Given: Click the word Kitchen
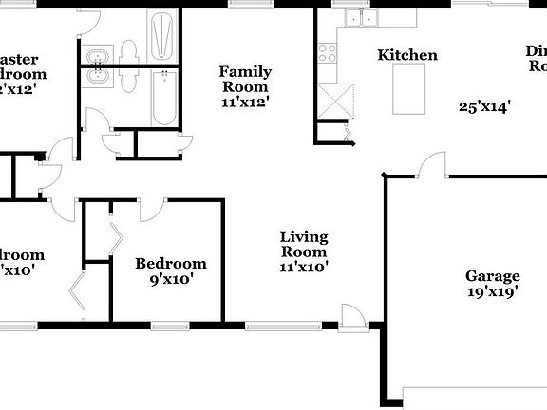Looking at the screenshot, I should point(407,55).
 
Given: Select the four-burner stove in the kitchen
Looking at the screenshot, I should point(328,53).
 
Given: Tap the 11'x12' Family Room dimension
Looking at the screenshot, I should point(245,102).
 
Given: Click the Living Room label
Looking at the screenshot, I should point(304,244).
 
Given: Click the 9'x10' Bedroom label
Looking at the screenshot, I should point(170,263).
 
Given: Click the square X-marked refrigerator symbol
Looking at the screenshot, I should point(337,99).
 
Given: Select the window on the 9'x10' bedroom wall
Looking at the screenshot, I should point(169,326).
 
